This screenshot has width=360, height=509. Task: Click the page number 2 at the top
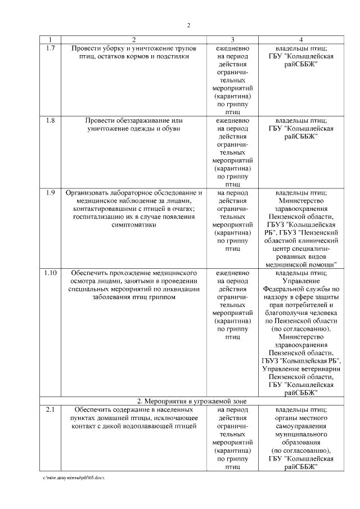[x=189, y=25]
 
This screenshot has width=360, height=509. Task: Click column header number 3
[x=233, y=40]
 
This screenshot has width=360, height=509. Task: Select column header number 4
[x=301, y=40]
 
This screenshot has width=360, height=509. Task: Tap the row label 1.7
[x=50, y=48]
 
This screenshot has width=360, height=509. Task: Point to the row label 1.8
[x=50, y=120]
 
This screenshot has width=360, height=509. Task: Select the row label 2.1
[x=50, y=410]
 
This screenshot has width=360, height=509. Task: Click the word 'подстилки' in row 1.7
[x=172, y=57]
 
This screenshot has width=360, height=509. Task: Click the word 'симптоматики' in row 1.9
[x=134, y=224]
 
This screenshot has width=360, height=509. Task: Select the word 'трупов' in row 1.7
[x=185, y=48]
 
